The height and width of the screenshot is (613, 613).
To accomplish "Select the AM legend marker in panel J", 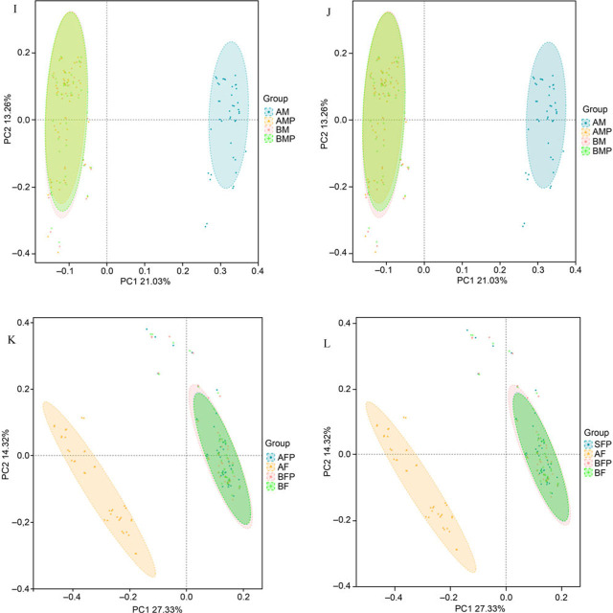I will pos(581,124).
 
